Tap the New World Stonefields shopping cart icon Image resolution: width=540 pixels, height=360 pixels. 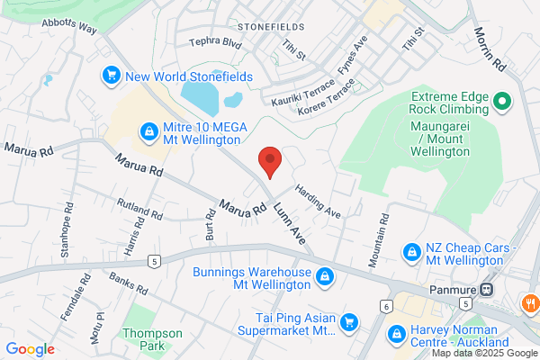pos(112,76)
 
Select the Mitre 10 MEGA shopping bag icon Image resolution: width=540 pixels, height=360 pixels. pos(147,133)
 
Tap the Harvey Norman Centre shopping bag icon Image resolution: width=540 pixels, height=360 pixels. pos(394,335)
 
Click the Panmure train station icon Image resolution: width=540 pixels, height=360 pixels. pos(486,290)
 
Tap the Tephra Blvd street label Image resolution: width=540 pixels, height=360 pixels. pos(216,42)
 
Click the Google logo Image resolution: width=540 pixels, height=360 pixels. pos(30,349)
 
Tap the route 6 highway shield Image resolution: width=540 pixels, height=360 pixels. pos(387,308)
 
